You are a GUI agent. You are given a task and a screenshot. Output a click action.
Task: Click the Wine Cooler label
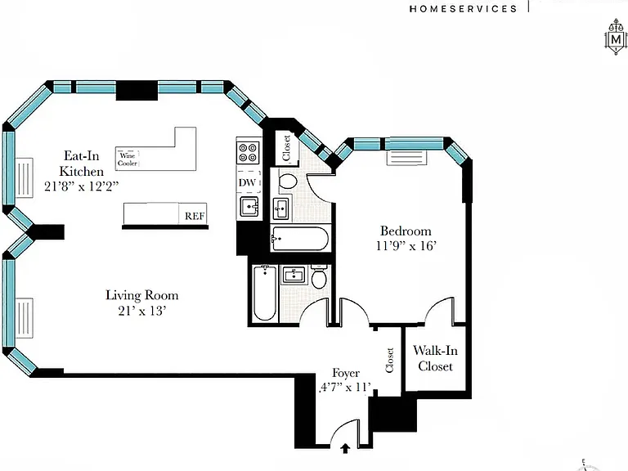click(x=128, y=159)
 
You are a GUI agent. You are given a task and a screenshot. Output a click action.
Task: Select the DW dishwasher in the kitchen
click(x=249, y=182)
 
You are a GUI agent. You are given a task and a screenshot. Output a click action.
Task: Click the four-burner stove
click(x=249, y=153)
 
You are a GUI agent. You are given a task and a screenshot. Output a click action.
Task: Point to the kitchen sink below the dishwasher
click(x=249, y=207)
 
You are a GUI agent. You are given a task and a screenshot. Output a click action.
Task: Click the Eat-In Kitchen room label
click(x=81, y=163)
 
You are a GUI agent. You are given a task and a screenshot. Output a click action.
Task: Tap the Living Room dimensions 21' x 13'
click(x=141, y=311)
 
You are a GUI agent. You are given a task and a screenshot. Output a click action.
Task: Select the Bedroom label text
click(x=406, y=231)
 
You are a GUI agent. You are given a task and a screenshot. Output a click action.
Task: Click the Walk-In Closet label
click(x=435, y=358)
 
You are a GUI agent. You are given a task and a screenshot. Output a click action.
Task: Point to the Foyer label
click(x=346, y=373)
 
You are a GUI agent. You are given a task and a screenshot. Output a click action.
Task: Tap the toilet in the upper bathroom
click(x=288, y=182)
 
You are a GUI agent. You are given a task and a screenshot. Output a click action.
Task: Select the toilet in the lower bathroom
click(x=319, y=276)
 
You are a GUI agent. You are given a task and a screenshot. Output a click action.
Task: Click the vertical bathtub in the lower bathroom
click(x=265, y=294)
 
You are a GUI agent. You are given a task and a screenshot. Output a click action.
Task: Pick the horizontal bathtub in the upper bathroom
click(x=299, y=239)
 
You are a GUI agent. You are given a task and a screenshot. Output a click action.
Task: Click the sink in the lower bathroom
click(x=294, y=276)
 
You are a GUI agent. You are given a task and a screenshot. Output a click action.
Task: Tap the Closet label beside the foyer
click(x=390, y=360)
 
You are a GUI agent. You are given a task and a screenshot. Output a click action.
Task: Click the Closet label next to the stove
click(x=286, y=148)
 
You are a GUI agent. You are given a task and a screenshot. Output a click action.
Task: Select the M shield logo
click(x=616, y=37)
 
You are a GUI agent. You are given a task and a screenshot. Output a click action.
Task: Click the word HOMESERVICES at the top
click(x=463, y=9)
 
